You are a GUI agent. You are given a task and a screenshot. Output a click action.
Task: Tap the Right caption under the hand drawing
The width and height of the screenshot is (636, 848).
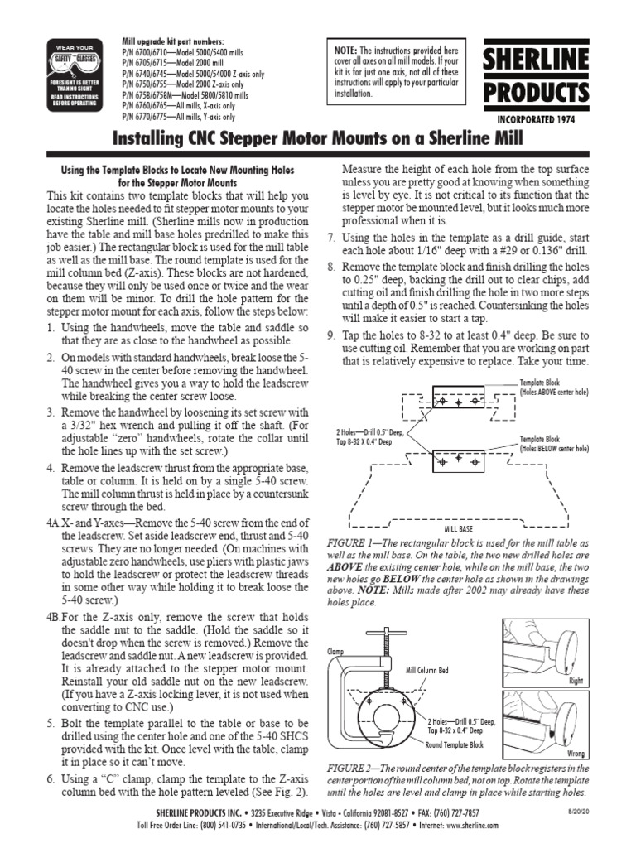[576, 680]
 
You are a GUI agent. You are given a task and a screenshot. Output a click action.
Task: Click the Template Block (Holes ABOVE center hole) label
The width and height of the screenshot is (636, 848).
[554, 388]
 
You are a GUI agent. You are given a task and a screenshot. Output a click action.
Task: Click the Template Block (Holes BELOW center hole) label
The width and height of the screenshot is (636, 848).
[554, 443]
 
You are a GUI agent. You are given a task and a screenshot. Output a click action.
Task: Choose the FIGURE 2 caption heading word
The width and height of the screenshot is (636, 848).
[353, 768]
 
